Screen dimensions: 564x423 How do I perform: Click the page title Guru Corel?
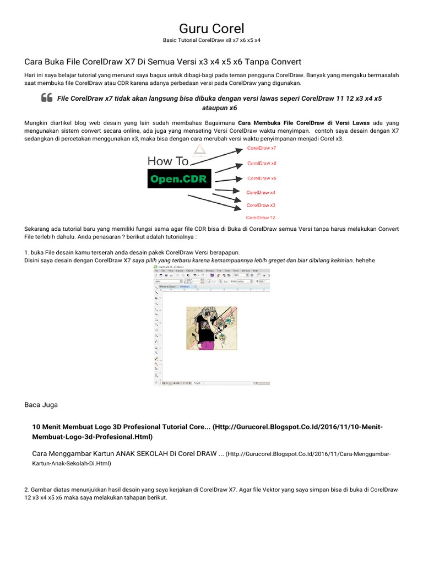(x=211, y=28)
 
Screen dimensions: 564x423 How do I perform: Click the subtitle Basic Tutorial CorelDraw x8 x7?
(x=211, y=40)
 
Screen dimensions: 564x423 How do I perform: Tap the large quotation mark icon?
(x=46, y=98)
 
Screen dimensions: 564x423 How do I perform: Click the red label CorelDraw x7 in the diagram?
(x=262, y=148)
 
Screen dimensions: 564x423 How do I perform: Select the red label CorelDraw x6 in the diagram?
(x=262, y=163)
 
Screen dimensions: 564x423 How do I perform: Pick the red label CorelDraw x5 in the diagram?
(x=262, y=178)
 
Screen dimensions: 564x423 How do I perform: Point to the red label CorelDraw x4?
(x=261, y=192)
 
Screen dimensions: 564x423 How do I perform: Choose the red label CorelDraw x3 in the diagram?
(x=261, y=205)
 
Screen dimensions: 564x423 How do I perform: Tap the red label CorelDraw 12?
(x=261, y=218)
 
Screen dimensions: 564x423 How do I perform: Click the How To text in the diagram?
(x=168, y=161)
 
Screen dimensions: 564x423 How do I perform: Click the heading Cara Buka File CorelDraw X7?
(x=163, y=61)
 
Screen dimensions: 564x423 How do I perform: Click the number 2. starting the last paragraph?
(x=27, y=489)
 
